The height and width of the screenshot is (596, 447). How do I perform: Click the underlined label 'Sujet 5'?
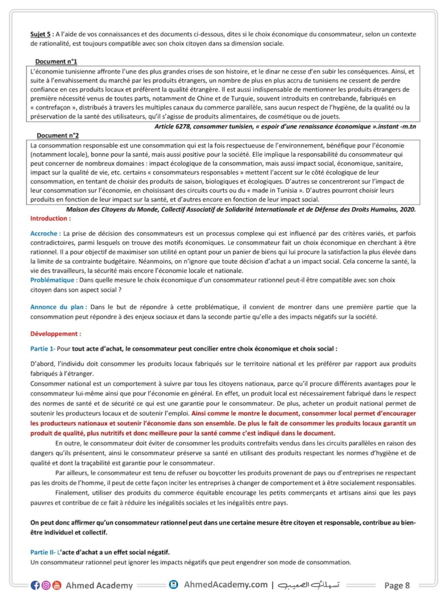[40, 34]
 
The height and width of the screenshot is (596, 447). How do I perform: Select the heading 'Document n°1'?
[56, 61]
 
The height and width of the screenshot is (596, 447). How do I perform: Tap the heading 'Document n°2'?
[57, 135]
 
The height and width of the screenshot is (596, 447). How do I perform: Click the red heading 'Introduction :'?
[50, 218]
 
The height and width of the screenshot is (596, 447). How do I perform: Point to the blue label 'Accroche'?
[44, 234]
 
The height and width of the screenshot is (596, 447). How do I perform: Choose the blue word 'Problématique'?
[52, 280]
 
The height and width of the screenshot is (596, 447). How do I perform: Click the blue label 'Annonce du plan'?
[57, 307]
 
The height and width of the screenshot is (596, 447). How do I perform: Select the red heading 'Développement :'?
[55, 334]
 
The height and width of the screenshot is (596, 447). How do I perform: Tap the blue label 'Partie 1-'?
[43, 349]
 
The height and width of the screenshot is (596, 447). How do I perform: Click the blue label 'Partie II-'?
[43, 552]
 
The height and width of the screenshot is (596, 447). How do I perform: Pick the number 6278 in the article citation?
[183, 126]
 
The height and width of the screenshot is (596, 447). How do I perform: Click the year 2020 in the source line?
[407, 210]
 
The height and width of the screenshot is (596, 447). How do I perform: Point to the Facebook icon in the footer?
[35, 585]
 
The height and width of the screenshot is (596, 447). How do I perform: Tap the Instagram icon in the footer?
[46, 585]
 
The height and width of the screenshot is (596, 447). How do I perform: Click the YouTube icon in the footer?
[57, 585]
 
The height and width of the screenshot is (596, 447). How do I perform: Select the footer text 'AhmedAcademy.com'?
[225, 585]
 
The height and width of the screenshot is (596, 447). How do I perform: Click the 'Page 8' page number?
[397, 586]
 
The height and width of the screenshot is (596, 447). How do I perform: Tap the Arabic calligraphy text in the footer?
[309, 585]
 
